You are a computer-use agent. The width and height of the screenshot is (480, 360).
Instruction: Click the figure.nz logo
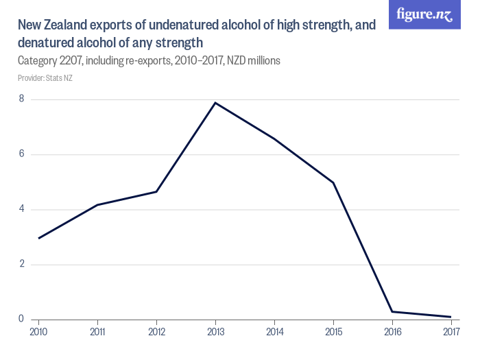point(425,14)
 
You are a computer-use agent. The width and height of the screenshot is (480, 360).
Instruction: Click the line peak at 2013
point(215,103)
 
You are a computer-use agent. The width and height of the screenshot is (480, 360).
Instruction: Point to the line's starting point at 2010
point(39,238)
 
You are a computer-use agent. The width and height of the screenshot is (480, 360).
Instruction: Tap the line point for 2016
point(392,312)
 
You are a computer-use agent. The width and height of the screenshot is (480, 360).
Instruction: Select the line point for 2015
point(333,182)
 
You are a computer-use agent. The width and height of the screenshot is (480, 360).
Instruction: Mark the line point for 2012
point(157,191)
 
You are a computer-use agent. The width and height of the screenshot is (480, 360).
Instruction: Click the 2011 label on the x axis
point(98,332)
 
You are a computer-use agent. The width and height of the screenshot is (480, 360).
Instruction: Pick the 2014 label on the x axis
point(274,332)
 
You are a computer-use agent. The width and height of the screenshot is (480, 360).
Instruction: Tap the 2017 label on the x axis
point(451,332)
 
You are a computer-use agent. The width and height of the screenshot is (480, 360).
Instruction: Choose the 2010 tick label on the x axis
point(39,332)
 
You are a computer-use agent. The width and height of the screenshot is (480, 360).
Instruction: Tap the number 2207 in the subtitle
point(78,61)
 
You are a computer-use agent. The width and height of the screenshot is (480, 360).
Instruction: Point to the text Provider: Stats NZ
point(45,78)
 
